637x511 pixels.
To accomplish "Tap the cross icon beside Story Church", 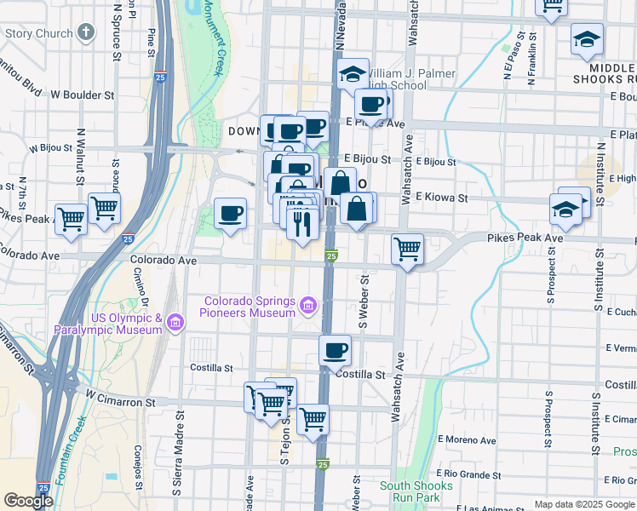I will click(x=84, y=33).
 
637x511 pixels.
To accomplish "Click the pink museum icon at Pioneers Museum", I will click(x=307, y=304).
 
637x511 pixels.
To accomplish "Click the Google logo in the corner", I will click(x=28, y=501).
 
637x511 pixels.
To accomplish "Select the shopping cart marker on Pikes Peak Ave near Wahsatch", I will click(x=408, y=250).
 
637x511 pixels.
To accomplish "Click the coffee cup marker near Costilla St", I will click(x=336, y=349).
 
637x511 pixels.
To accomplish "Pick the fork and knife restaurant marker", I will click(x=301, y=224).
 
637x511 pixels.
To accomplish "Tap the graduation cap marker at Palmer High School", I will click(x=353, y=74).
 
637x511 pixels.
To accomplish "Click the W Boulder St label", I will click(x=83, y=95).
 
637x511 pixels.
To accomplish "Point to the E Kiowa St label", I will click(x=441, y=198).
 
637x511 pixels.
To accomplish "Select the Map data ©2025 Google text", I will click(x=583, y=504).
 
